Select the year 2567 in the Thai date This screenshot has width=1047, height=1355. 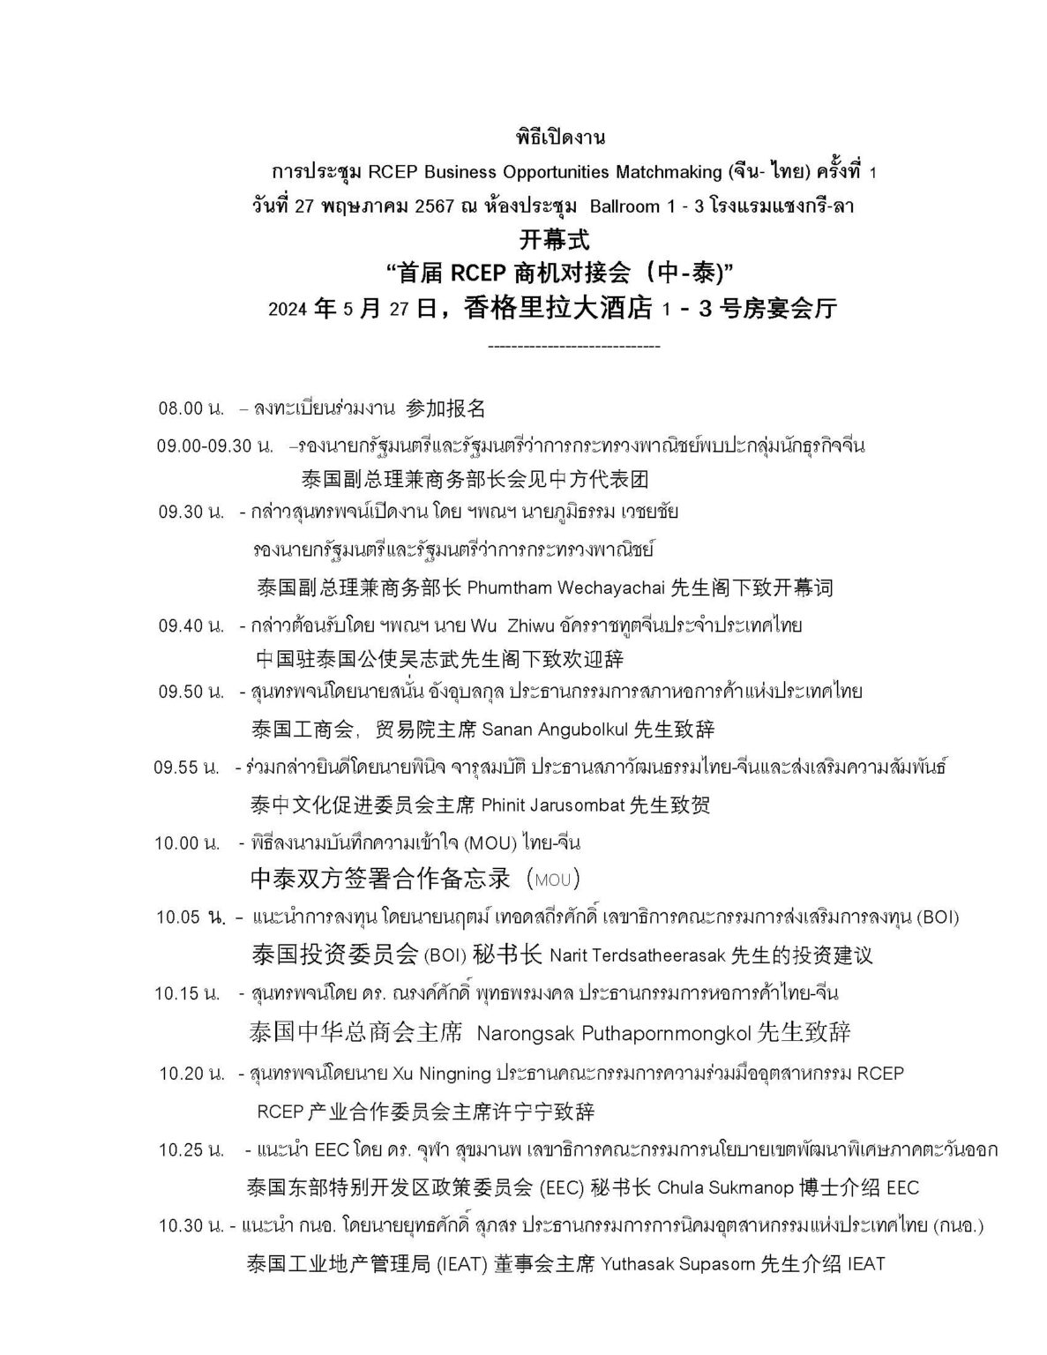tap(431, 206)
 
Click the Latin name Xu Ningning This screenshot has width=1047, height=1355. tap(446, 1074)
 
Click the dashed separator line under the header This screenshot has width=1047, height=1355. tap(573, 347)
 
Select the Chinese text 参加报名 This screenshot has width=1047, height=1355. tap(445, 408)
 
